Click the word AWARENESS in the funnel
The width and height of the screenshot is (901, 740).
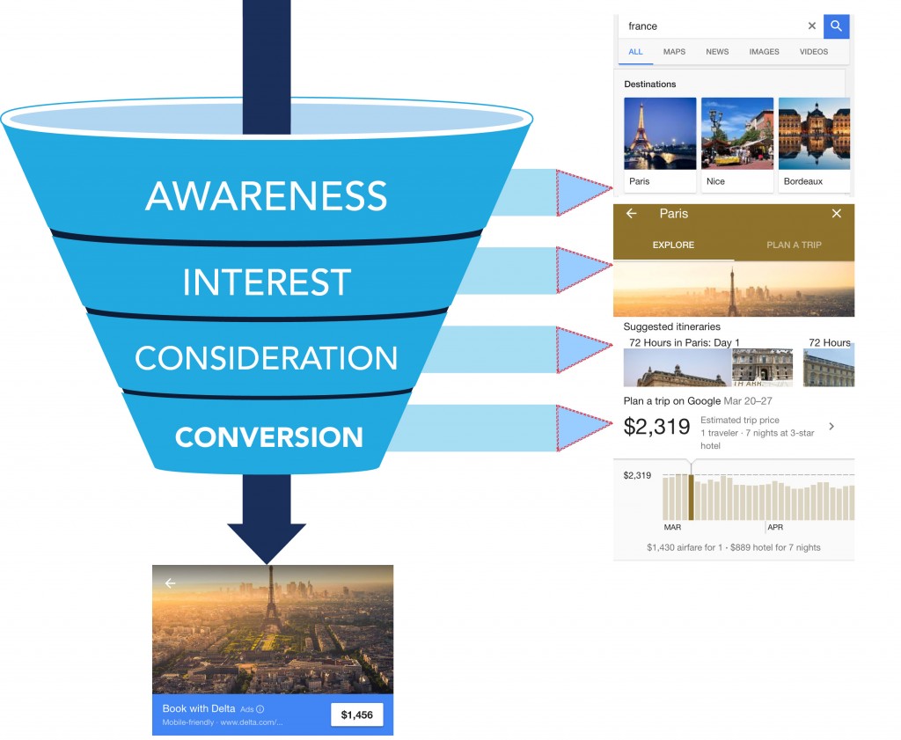pyautogui.click(x=266, y=196)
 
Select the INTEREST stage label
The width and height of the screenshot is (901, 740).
pyautogui.click(x=267, y=282)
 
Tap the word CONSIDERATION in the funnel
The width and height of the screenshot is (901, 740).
pyautogui.click(x=266, y=358)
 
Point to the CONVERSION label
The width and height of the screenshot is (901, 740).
pyautogui.click(x=268, y=437)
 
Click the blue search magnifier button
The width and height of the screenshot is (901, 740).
pyautogui.click(x=836, y=26)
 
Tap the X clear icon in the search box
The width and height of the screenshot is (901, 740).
pyautogui.click(x=812, y=26)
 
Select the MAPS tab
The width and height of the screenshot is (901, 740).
pyautogui.click(x=674, y=52)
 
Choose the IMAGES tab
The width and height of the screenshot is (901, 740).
pyautogui.click(x=764, y=52)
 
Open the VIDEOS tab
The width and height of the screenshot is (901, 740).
pyautogui.click(x=814, y=52)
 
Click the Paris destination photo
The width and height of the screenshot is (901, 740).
pyautogui.click(x=660, y=134)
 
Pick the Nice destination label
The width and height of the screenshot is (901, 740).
pyautogui.click(x=716, y=181)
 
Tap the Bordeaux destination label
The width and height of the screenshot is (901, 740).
pyautogui.click(x=804, y=181)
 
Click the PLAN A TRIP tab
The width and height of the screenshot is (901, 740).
pyautogui.click(x=794, y=245)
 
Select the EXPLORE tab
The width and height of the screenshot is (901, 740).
pyautogui.click(x=673, y=245)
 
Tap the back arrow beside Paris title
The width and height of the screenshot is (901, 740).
pyautogui.click(x=631, y=214)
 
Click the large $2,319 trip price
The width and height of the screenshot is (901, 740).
pyautogui.click(x=656, y=428)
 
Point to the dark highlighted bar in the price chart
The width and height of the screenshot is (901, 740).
pyautogui.click(x=691, y=498)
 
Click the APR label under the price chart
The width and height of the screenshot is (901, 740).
pyautogui.click(x=775, y=528)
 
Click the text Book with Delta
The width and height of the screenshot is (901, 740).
pyautogui.click(x=199, y=709)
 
